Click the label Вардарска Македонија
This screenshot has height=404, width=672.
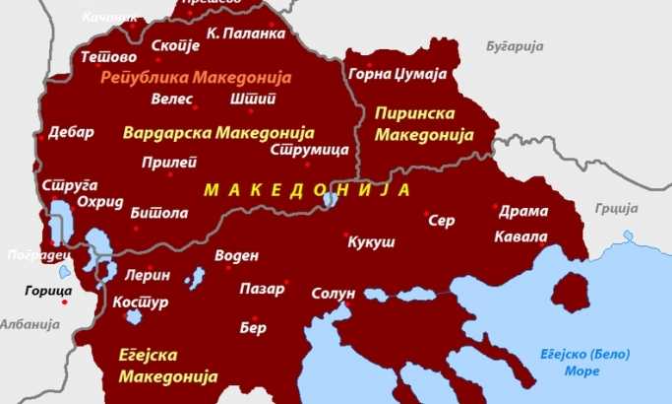(x=216, y=131)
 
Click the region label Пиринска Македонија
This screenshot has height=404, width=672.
(x=419, y=125)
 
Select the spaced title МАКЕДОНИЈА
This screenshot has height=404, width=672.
(x=306, y=187)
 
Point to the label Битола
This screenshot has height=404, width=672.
(x=158, y=212)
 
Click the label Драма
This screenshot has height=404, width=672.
(x=518, y=211)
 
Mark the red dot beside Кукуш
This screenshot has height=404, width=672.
(x=346, y=236)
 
